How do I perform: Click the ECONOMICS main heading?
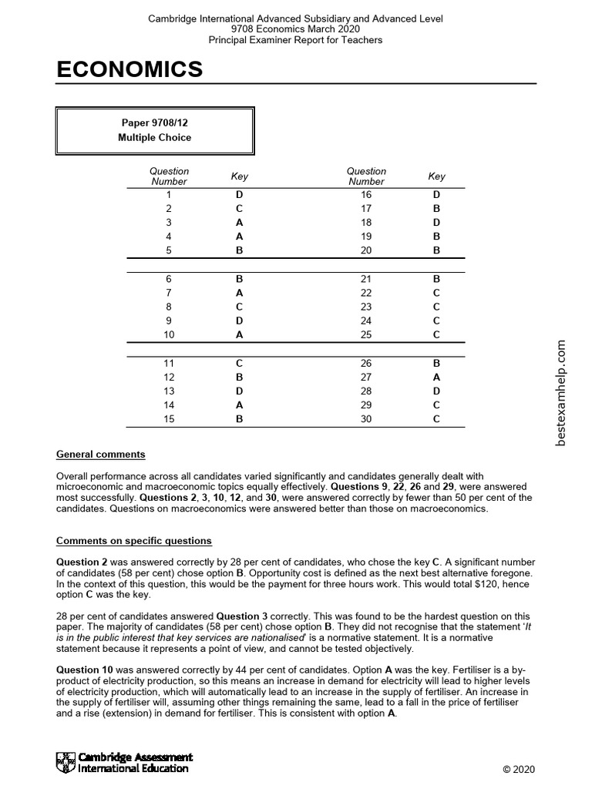(x=129, y=70)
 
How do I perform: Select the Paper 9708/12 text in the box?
(x=154, y=123)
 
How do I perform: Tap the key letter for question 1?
(x=239, y=195)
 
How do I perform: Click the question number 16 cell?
(x=366, y=195)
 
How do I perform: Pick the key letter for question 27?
(x=436, y=377)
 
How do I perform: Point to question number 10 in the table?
(x=169, y=334)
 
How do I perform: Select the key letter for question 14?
(x=239, y=405)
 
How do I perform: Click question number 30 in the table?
(x=366, y=419)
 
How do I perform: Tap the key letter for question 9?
(x=239, y=321)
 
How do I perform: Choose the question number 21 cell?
(x=366, y=278)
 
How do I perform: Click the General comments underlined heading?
(x=101, y=455)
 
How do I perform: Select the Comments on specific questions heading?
(x=134, y=541)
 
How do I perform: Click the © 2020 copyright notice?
(x=518, y=770)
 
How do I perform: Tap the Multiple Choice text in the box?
(x=154, y=137)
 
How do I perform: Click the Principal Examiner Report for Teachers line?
(x=295, y=39)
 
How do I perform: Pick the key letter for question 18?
(x=436, y=223)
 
